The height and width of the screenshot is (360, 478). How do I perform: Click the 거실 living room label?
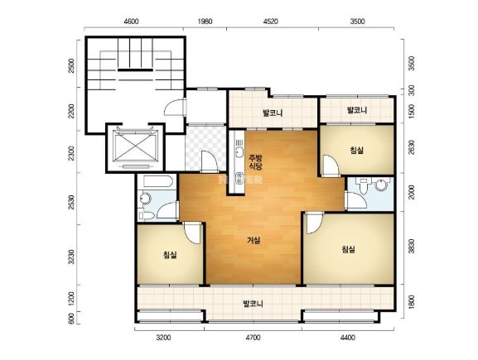[253, 241]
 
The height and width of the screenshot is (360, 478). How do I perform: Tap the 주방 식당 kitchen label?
[255, 162]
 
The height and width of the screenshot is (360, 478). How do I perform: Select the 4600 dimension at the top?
[132, 22]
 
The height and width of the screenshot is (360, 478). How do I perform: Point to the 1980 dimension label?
[205, 22]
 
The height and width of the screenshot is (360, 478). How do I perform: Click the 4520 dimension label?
[271, 22]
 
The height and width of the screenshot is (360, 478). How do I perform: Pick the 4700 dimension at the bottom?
[253, 338]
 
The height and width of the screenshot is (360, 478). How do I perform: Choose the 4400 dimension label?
[348, 338]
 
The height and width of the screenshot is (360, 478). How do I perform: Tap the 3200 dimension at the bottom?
[163, 338]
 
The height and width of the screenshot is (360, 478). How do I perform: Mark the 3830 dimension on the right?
[412, 246]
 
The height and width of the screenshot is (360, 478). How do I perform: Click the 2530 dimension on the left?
[71, 202]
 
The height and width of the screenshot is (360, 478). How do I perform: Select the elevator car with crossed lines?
[136, 146]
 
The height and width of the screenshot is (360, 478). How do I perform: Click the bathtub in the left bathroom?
[158, 182]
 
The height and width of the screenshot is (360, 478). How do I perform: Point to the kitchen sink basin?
[239, 151]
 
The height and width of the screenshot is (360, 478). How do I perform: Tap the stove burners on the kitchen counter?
[239, 179]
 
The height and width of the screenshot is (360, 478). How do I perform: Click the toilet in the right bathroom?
[364, 186]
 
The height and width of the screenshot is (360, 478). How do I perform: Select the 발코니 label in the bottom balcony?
[253, 304]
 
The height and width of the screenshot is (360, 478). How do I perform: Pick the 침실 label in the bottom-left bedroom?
[170, 254]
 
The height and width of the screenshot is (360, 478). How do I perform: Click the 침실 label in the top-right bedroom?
[357, 150]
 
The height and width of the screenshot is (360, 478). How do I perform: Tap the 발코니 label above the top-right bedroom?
[357, 110]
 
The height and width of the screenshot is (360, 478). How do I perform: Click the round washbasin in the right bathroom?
[381, 185]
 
